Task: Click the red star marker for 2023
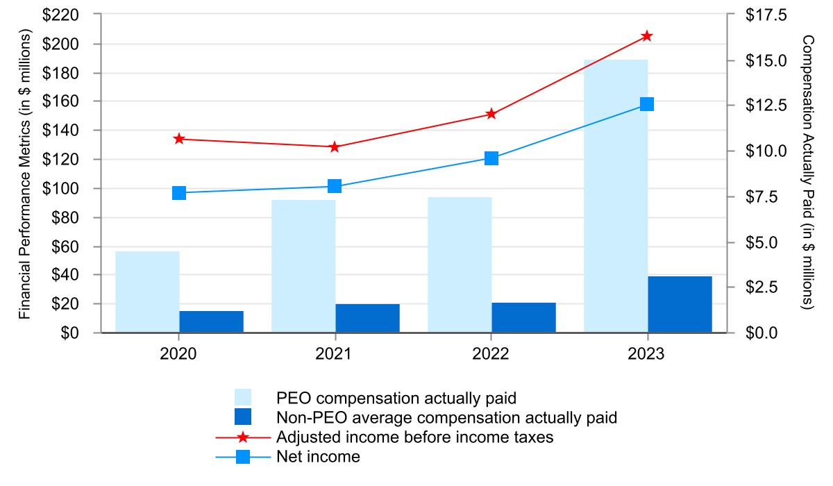(x=647, y=36)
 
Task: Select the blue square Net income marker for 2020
(x=179, y=193)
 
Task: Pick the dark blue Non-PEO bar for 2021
(x=367, y=318)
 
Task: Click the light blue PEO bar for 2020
(x=147, y=292)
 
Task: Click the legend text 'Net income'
(x=318, y=457)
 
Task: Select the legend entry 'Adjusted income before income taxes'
(x=414, y=437)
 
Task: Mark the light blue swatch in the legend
(x=242, y=398)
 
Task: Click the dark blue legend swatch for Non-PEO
(x=242, y=417)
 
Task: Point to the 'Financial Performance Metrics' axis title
(x=26, y=174)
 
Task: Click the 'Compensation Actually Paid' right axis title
(x=807, y=174)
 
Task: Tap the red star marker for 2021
(x=335, y=147)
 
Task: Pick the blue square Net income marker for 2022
(x=491, y=158)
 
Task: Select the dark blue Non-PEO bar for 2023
(x=680, y=304)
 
